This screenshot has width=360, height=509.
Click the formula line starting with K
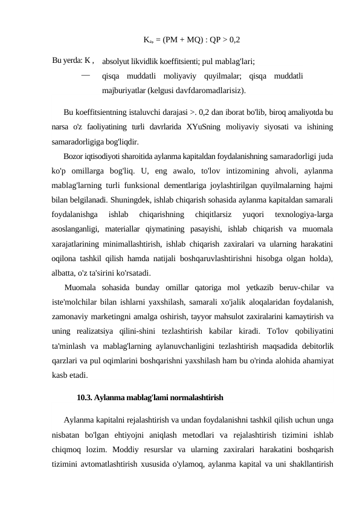click(x=192, y=41)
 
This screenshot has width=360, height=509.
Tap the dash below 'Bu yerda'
click(x=85, y=75)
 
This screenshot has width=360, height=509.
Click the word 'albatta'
click(x=66, y=272)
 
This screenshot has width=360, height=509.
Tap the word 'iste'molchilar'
click(x=76, y=302)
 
